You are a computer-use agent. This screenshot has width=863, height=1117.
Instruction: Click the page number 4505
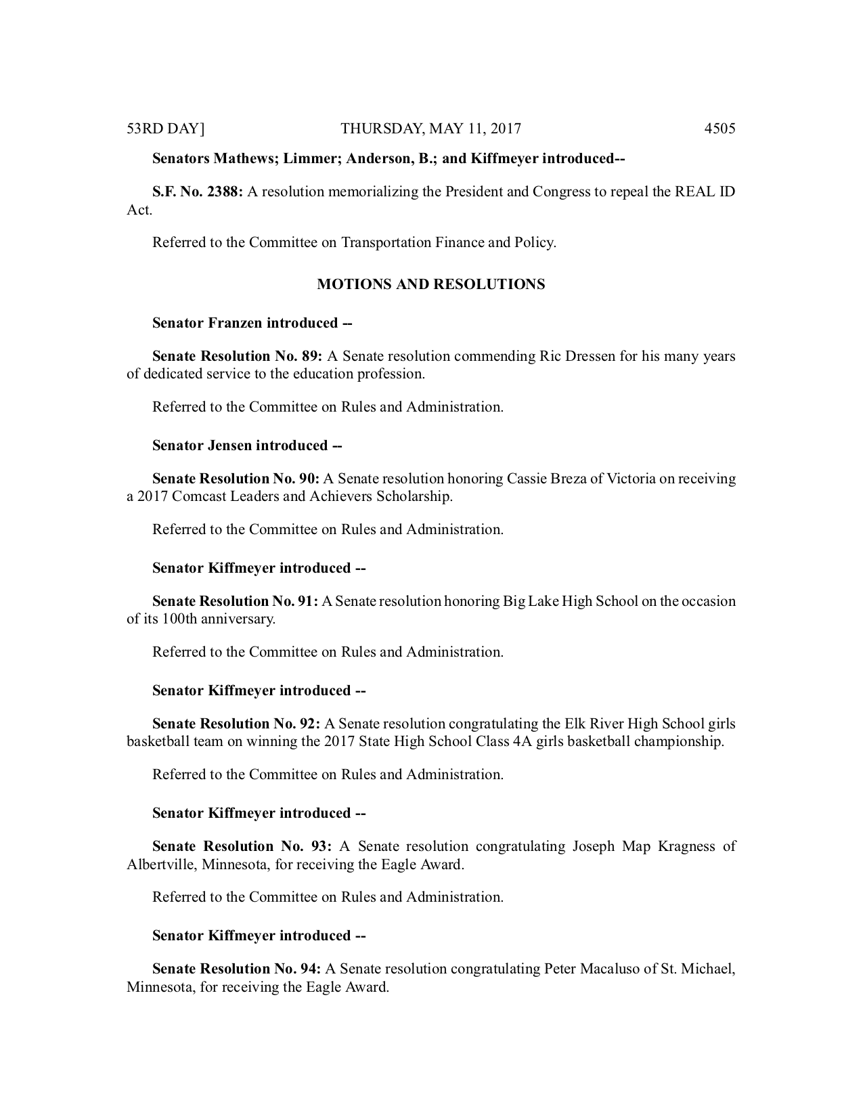(719, 129)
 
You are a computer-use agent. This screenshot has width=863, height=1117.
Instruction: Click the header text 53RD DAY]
(166, 129)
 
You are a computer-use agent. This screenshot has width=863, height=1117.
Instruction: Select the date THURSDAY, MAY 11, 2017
(431, 129)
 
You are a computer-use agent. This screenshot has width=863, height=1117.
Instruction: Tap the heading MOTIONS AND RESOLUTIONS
(431, 284)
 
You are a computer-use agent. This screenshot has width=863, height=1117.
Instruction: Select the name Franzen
(235, 323)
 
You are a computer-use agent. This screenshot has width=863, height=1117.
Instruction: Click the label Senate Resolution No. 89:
(237, 356)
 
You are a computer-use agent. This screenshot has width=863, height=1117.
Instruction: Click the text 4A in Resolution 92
(523, 741)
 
